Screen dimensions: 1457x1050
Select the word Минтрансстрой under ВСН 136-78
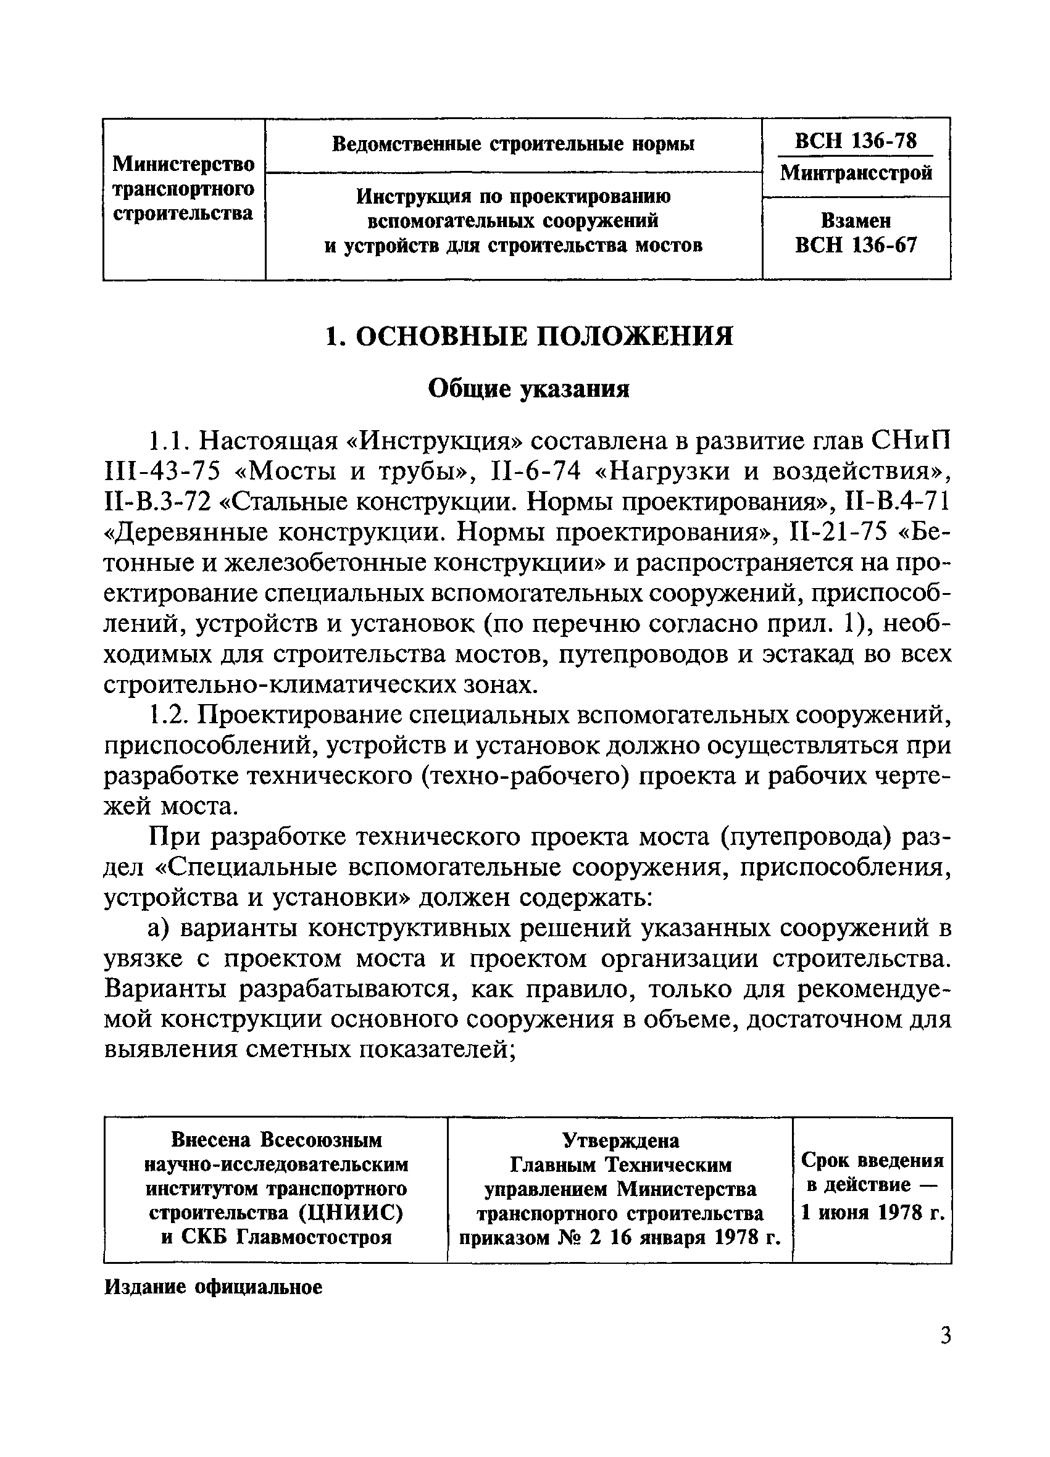point(856,173)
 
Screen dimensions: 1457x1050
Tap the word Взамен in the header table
point(856,221)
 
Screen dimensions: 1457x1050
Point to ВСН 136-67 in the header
point(856,246)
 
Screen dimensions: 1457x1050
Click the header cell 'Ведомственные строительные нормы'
point(513,144)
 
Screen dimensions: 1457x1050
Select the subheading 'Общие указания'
point(528,389)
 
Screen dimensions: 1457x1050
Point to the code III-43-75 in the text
point(162,472)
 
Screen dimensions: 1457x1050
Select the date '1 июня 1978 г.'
point(872,1213)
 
